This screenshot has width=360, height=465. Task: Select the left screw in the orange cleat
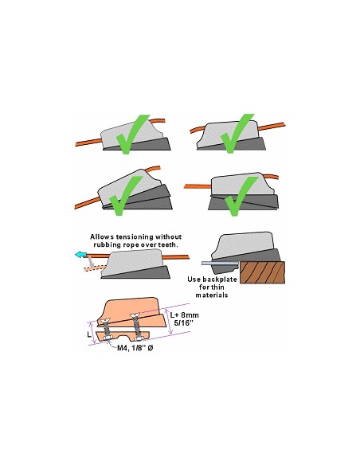[105, 328]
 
